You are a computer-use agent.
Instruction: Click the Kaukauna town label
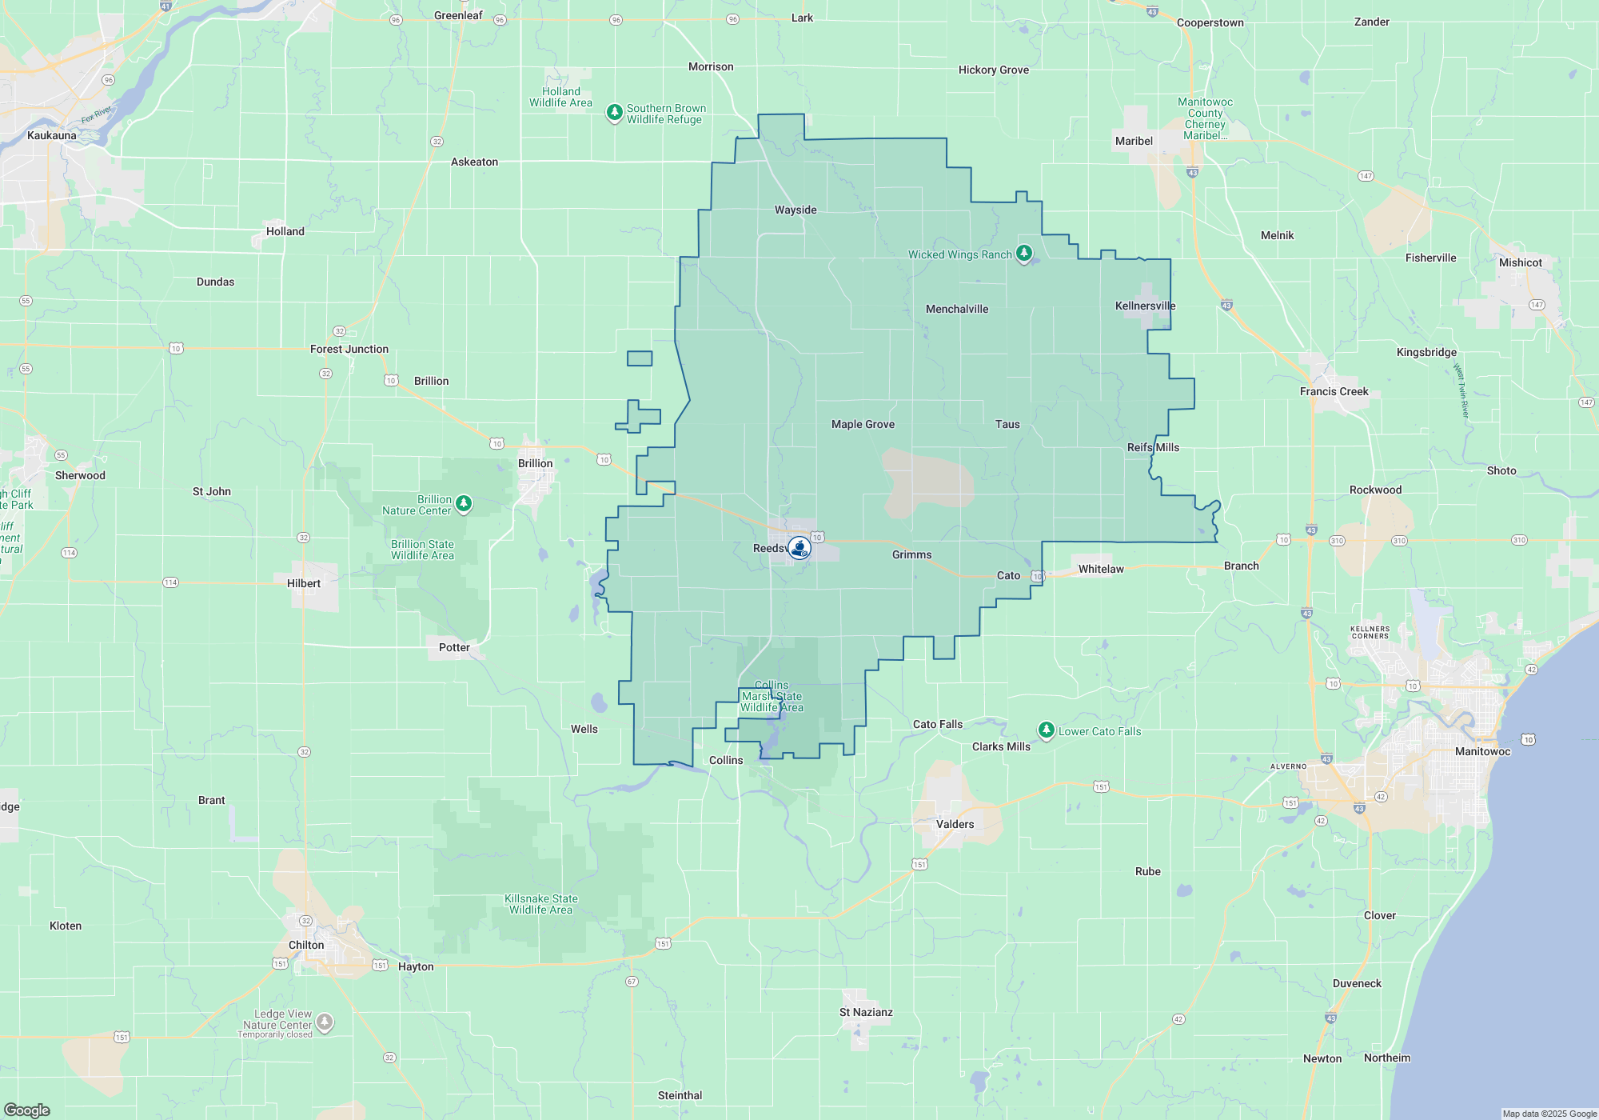tap(52, 135)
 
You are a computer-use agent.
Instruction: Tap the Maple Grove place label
tap(863, 424)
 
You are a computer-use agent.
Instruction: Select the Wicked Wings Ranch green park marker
tap(1024, 254)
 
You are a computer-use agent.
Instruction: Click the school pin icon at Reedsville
tap(799, 548)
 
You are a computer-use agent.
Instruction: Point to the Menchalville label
tap(956, 309)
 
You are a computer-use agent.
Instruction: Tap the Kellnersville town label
tap(1145, 306)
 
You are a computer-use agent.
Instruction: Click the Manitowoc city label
tap(1482, 751)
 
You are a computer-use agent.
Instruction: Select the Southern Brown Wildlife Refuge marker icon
tap(614, 113)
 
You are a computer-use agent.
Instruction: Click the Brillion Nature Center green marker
tap(464, 503)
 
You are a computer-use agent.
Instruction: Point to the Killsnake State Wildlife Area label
tap(541, 904)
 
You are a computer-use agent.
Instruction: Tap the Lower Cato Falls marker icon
tap(1046, 730)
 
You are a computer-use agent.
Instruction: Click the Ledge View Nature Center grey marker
tap(324, 1022)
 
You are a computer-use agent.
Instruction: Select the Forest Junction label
tap(349, 349)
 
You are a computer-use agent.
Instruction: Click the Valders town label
tap(955, 824)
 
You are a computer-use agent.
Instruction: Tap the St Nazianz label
tap(866, 1012)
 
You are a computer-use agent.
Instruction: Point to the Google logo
tap(26, 1110)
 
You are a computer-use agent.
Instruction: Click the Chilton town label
tap(306, 945)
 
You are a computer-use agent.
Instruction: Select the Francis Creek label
tap(1334, 391)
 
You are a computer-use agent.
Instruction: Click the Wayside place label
tap(796, 210)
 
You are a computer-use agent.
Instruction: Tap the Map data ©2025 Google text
tap(1549, 1114)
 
